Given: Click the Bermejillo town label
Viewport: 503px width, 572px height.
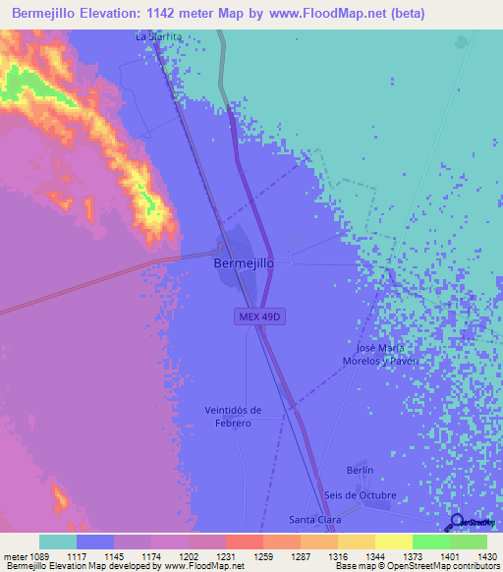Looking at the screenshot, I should pyautogui.click(x=243, y=263).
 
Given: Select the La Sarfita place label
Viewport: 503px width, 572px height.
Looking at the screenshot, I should pyautogui.click(x=159, y=36).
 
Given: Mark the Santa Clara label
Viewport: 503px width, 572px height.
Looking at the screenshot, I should pyautogui.click(x=313, y=519).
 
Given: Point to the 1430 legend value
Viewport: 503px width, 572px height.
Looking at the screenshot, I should pyautogui.click(x=486, y=556).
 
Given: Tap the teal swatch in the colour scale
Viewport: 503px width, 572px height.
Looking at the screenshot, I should pyautogui.click(x=58, y=542).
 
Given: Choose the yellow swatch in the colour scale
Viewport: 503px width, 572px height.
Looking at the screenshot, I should pyautogui.click(x=394, y=542).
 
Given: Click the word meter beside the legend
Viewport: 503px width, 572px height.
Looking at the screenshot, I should pyautogui.click(x=16, y=556).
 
